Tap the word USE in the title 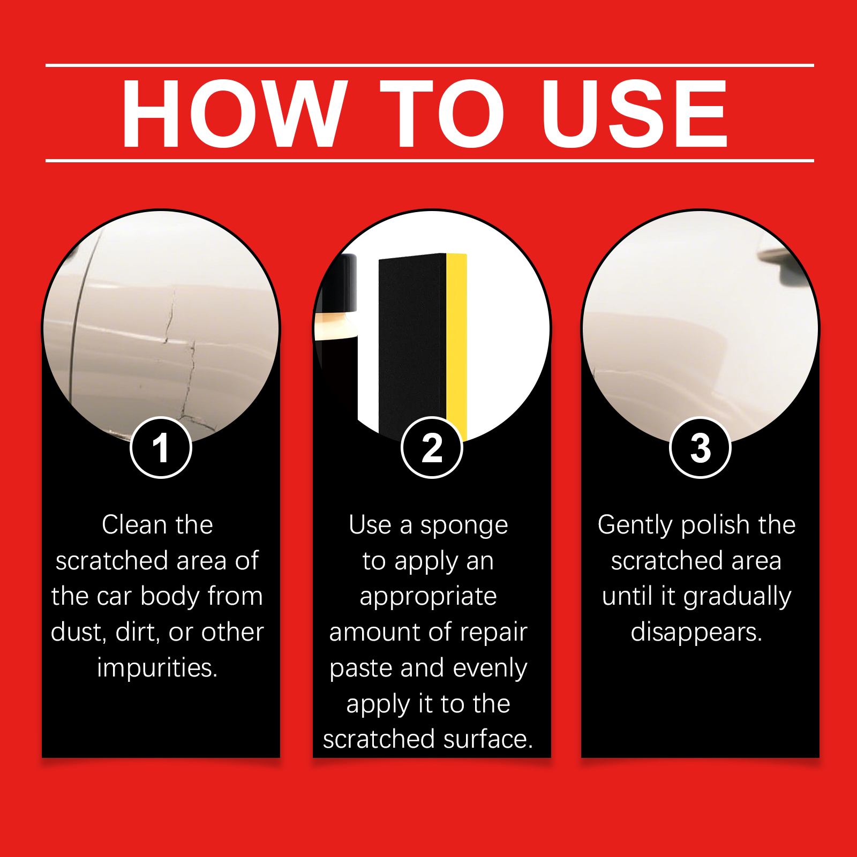[634, 113]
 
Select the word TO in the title [443, 113]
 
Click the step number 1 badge [161, 448]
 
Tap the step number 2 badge [432, 448]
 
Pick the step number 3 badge [700, 448]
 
